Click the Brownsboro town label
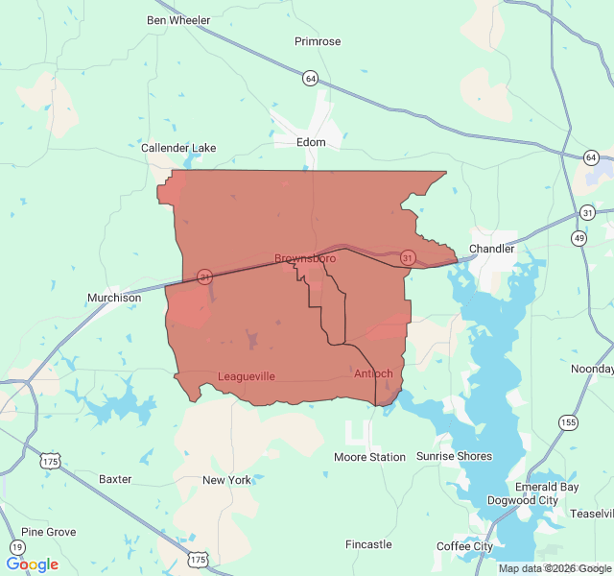coord(305,258)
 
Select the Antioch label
coord(373,373)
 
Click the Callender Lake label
coord(178,148)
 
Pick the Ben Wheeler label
coord(178,20)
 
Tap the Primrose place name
coord(318,41)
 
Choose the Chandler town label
coord(491,249)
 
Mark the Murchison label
coord(114,298)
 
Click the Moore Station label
coord(369,457)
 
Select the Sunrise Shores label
coord(454,456)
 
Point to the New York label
coord(226,480)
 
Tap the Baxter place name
coord(115,478)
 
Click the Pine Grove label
coord(48,532)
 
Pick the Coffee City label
coord(464,546)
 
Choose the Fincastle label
coord(368,544)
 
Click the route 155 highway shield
coord(569,422)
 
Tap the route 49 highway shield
coord(579,238)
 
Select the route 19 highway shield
coord(16,547)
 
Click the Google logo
coord(32,564)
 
